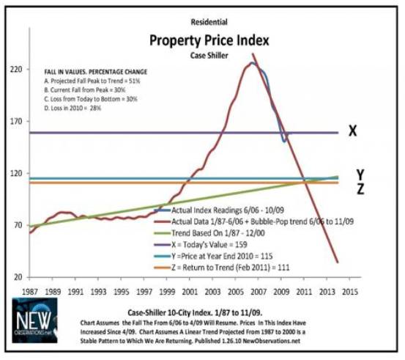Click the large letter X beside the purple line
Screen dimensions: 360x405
pos(352,131)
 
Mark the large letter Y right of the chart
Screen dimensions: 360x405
pos(360,174)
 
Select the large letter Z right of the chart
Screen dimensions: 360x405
pos(360,189)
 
